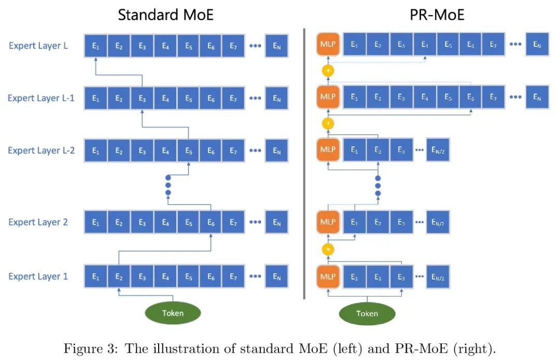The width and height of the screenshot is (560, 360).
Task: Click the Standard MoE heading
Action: pyautogui.click(x=165, y=15)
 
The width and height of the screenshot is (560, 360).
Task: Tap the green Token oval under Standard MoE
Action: pyautogui.click(x=173, y=313)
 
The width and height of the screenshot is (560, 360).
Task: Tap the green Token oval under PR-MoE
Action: pyautogui.click(x=367, y=314)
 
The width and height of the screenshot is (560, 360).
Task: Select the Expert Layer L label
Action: pyautogui.click(x=38, y=46)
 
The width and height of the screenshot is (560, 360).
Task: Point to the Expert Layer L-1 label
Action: pyautogui.click(x=41, y=98)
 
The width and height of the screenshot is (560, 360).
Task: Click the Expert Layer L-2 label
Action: pyautogui.click(x=41, y=150)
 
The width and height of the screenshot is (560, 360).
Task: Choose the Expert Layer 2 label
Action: pyautogui.click(x=38, y=222)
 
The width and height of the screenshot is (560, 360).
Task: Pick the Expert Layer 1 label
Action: pyautogui.click(x=38, y=276)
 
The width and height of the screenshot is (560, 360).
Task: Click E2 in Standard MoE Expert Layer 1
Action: pyautogui.click(x=119, y=276)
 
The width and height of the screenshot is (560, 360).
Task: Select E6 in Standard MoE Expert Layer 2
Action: pyautogui.click(x=211, y=222)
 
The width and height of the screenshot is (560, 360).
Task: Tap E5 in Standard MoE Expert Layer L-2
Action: pyautogui.click(x=188, y=150)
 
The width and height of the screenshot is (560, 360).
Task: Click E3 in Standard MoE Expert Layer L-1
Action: pyautogui.click(x=142, y=98)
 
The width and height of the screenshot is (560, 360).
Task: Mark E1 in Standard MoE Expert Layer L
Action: pyautogui.click(x=95, y=46)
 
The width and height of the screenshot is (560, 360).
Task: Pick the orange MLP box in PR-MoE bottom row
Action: pyautogui.click(x=328, y=276)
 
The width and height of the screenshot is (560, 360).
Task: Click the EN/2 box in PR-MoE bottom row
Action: pyautogui.click(x=438, y=276)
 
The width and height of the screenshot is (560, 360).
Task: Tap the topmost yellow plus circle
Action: pyautogui.click(x=328, y=71)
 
